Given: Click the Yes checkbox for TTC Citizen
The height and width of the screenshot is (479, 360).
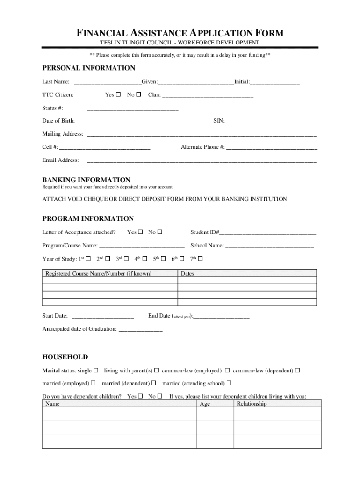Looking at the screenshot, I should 118,94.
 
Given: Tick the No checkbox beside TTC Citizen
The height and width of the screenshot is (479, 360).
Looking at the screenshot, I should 138,94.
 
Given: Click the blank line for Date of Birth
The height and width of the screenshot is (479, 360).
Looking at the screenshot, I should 133,121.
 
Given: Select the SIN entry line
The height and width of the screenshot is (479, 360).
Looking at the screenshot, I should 272,121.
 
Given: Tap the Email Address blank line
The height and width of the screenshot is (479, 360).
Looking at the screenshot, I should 202,160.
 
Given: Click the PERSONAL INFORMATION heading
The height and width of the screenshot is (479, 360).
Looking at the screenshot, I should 89,68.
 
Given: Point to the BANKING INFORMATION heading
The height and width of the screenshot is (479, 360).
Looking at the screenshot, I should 86,180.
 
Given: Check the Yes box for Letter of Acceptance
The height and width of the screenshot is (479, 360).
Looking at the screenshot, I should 140,232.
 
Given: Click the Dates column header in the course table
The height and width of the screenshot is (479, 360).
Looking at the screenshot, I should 187,274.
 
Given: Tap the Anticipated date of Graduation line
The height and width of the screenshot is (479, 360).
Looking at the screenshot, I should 141,329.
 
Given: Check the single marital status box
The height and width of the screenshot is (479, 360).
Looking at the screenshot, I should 96,370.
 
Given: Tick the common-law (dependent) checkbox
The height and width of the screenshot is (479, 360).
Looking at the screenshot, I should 297,370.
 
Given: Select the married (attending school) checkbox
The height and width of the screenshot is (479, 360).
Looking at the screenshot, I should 229,383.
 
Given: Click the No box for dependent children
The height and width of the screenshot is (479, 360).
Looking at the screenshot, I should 160,396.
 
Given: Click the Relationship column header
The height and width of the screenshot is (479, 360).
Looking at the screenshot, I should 252,404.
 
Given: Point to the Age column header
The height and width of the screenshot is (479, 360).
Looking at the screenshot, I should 205,404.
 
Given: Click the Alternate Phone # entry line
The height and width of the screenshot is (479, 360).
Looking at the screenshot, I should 272,147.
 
